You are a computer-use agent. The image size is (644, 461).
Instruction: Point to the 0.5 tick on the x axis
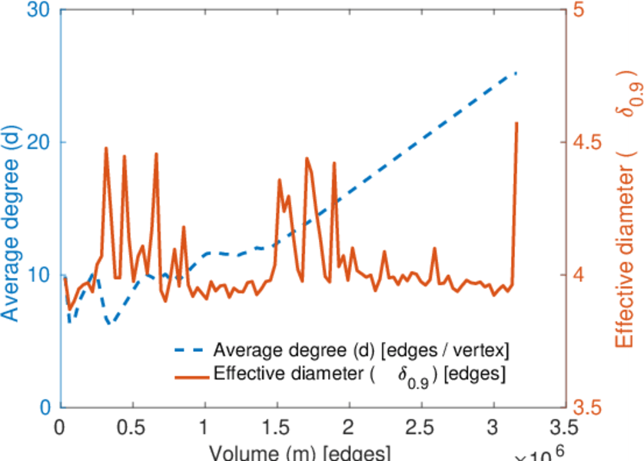[133, 427]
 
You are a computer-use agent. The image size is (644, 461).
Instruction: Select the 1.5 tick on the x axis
[277, 427]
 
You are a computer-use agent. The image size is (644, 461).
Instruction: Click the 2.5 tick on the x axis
[422, 427]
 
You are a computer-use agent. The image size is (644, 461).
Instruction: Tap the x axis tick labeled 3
[494, 427]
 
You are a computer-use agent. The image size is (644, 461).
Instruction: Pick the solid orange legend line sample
[189, 376]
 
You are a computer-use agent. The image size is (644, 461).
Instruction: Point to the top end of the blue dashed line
[516, 73]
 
